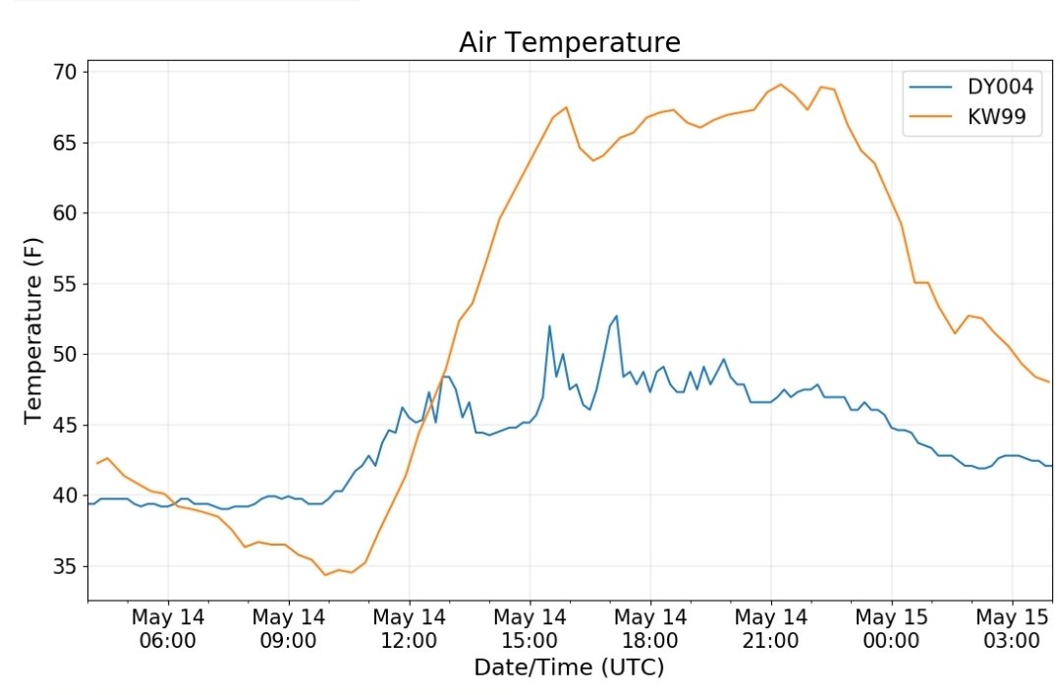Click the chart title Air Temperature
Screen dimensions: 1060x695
point(569,42)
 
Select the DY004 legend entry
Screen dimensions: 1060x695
point(972,87)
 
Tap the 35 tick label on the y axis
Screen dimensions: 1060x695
point(65,566)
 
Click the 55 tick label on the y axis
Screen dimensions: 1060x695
point(65,284)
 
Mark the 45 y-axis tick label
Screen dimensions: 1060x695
point(65,425)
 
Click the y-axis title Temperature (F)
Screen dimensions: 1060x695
point(32,330)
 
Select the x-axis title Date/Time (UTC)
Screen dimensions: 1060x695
point(569,667)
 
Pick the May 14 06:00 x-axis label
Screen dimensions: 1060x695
point(168,629)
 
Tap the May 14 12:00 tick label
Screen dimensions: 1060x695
point(409,629)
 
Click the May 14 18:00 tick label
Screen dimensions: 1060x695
point(650,629)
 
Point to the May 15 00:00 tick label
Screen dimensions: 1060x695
point(891,629)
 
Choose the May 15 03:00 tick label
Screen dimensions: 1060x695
point(1012,629)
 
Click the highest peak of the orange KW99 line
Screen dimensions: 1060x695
point(781,85)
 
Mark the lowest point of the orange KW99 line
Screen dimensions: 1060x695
point(325,575)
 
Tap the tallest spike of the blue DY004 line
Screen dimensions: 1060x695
point(616,316)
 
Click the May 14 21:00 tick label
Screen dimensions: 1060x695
point(770,629)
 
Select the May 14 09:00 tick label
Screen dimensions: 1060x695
point(289,629)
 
